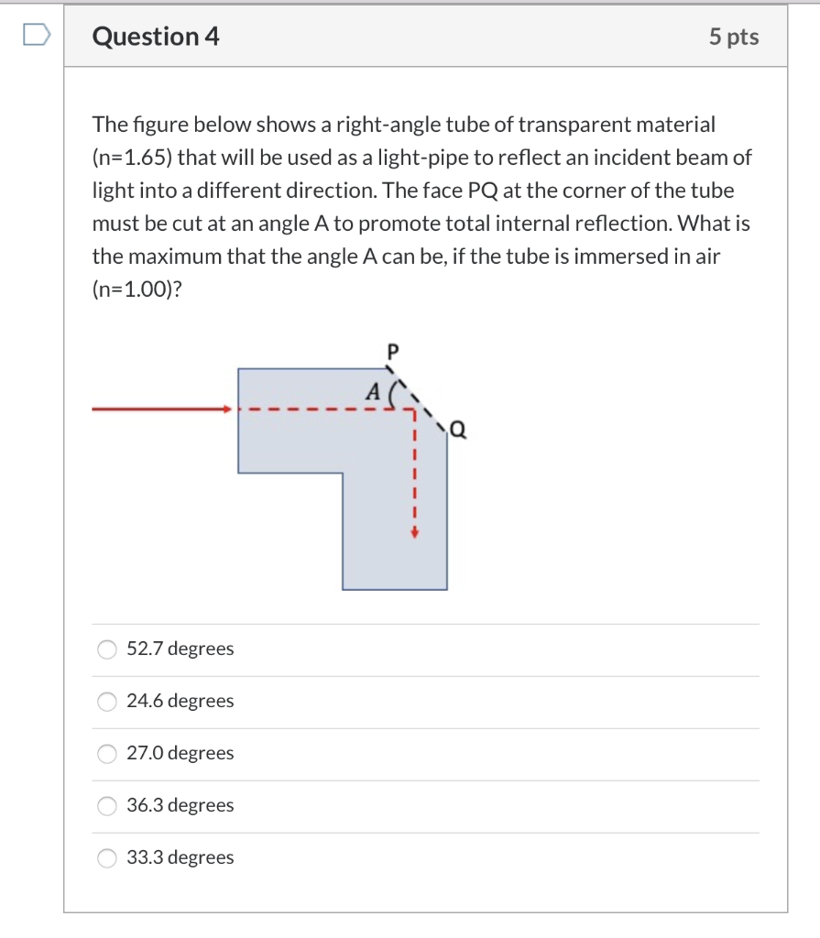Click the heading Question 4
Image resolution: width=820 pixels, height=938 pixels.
point(156,37)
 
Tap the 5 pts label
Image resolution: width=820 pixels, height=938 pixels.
point(733,37)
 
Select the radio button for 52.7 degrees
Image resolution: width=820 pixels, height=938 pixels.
point(107,649)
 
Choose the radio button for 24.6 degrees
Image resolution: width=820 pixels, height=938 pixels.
point(107,702)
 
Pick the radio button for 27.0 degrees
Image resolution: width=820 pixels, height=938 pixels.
point(107,754)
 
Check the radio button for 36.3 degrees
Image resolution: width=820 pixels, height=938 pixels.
point(107,806)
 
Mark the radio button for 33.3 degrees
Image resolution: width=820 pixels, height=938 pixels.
point(107,858)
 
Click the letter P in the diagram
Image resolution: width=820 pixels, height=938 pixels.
point(394,350)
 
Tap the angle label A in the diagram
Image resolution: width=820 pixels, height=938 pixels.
point(371,391)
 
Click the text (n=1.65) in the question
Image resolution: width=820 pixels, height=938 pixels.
point(132,157)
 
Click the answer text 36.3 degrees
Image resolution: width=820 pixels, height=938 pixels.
point(180,806)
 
